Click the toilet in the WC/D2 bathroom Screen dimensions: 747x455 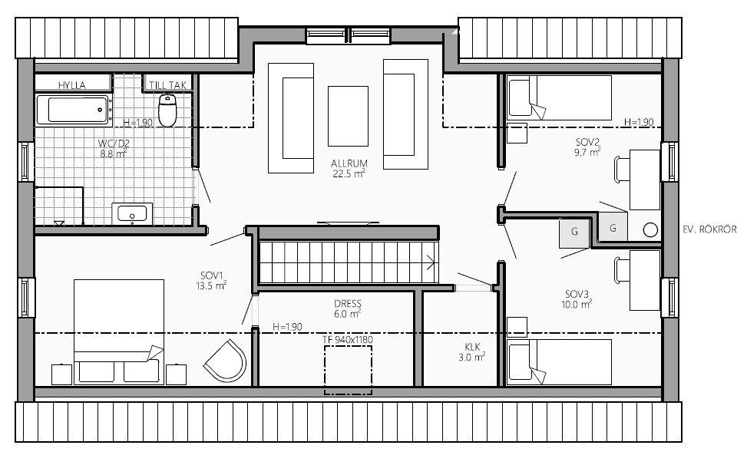point(167,110)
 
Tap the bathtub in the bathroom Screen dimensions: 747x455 point(74,110)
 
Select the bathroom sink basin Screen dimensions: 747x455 point(133,214)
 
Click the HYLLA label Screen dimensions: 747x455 point(72,85)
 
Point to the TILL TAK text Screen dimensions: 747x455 point(167,85)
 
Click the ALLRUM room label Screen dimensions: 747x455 point(349,163)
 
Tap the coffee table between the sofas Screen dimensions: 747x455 point(348,116)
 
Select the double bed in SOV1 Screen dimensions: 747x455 point(119,331)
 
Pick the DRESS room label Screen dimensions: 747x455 point(348,303)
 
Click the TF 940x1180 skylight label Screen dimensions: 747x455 point(348,339)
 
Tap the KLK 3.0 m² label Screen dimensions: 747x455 point(472,352)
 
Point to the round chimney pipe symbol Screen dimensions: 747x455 point(650,230)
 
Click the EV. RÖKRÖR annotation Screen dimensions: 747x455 point(709,229)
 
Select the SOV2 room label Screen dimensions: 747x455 point(587,142)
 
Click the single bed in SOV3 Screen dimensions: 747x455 point(560,361)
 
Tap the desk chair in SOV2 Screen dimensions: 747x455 point(622,169)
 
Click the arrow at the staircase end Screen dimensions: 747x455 point(430,262)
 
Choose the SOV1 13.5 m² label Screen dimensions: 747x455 point(211,280)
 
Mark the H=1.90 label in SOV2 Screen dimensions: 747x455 point(639,122)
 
